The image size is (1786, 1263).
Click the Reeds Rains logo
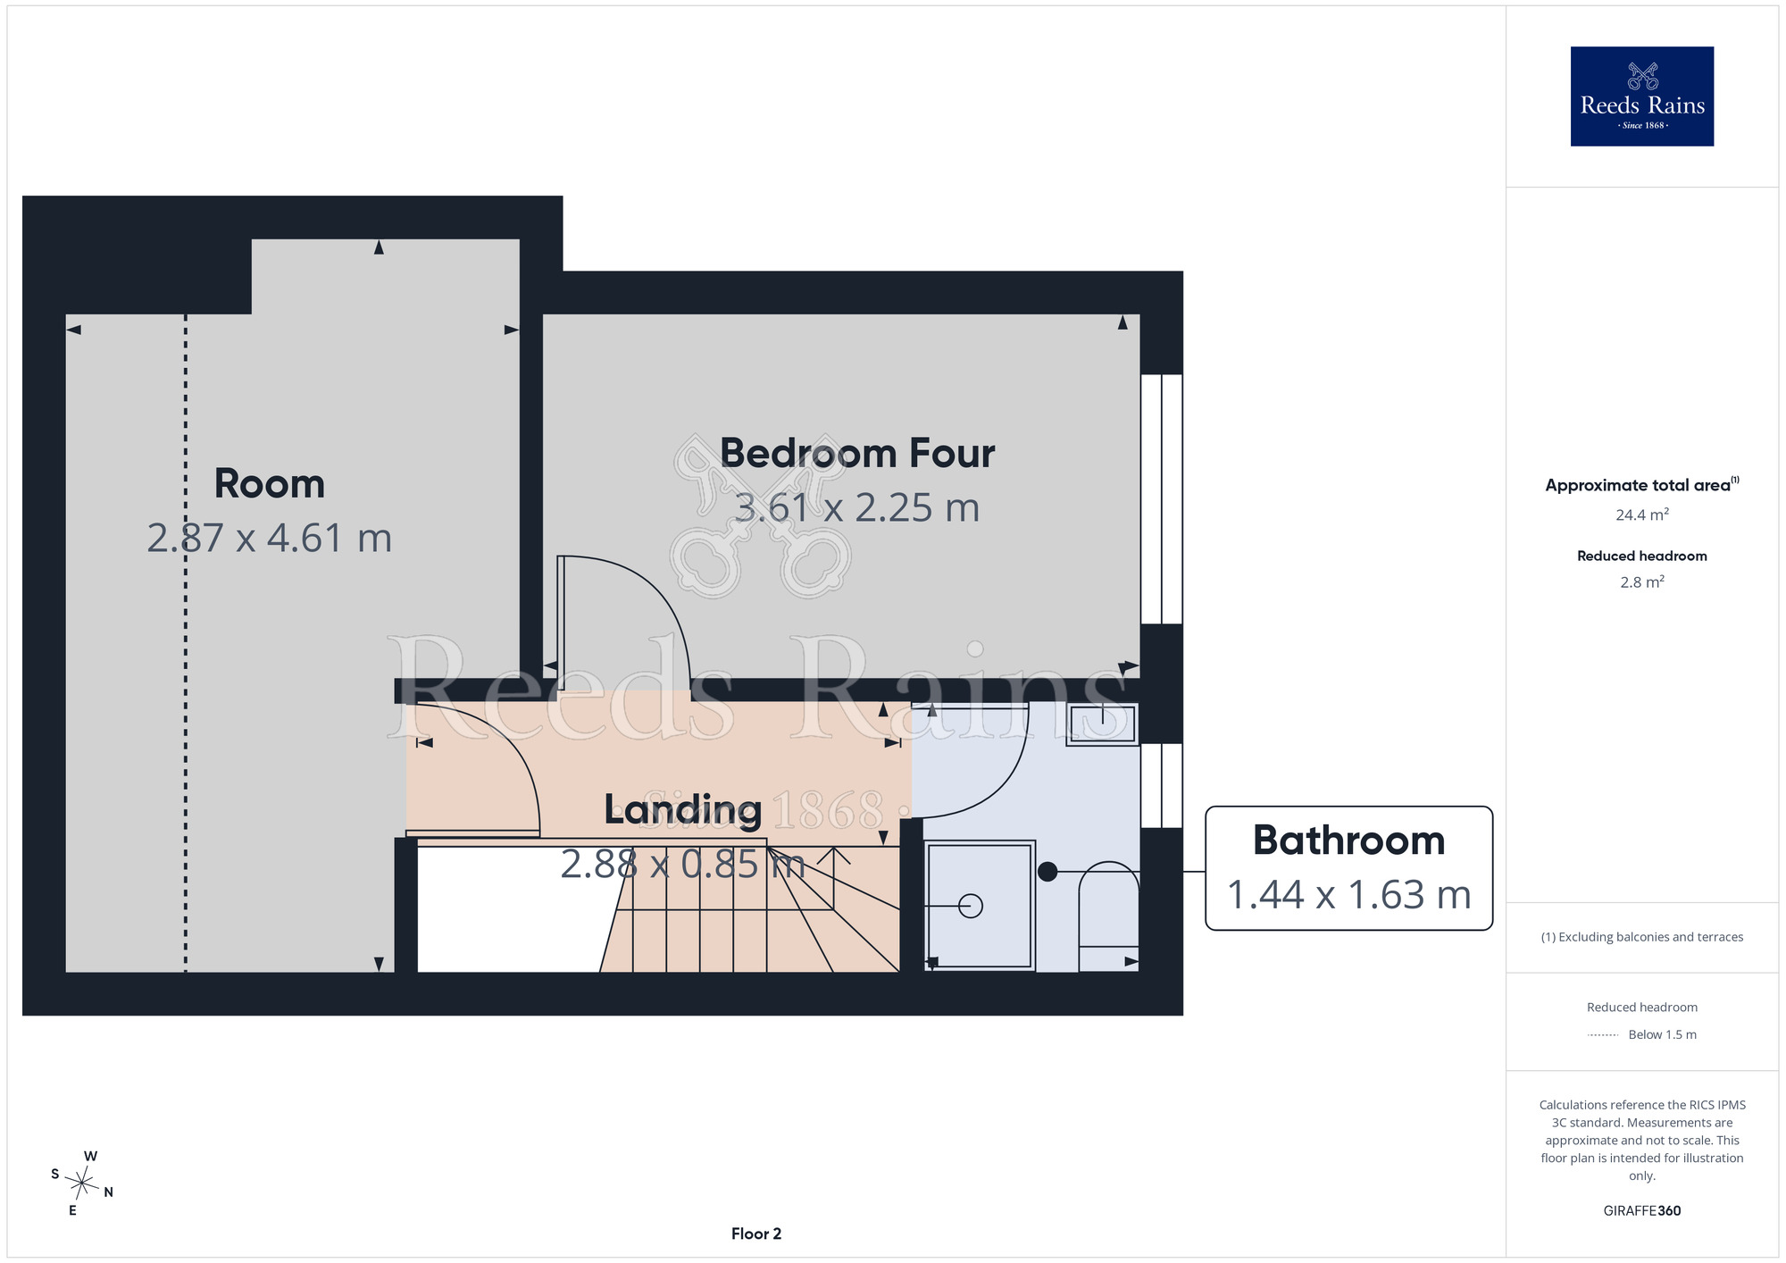point(1641,96)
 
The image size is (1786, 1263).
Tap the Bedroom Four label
point(857,453)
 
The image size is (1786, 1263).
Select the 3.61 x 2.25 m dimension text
point(857,507)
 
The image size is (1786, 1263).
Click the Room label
point(269,483)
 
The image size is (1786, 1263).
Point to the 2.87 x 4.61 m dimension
point(269,538)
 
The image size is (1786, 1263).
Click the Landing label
point(683,810)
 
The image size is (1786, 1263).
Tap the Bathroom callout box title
point(1348,841)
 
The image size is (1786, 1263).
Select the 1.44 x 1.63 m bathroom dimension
point(1348,895)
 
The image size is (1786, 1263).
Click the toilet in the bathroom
point(1108,916)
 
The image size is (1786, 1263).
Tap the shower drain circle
point(971,906)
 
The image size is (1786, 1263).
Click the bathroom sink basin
point(1102,724)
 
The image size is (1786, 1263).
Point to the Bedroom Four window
point(1162,498)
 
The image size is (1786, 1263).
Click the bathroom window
point(1162,785)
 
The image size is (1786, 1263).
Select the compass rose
point(81,1184)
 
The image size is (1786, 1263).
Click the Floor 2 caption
point(756,1234)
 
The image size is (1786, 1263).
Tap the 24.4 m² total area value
point(1641,514)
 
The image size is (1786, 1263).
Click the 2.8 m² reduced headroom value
point(1641,581)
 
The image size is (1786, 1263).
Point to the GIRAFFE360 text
point(1641,1211)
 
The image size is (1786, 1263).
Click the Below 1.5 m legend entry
point(1662,1034)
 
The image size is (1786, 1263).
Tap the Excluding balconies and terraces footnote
point(1641,937)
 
